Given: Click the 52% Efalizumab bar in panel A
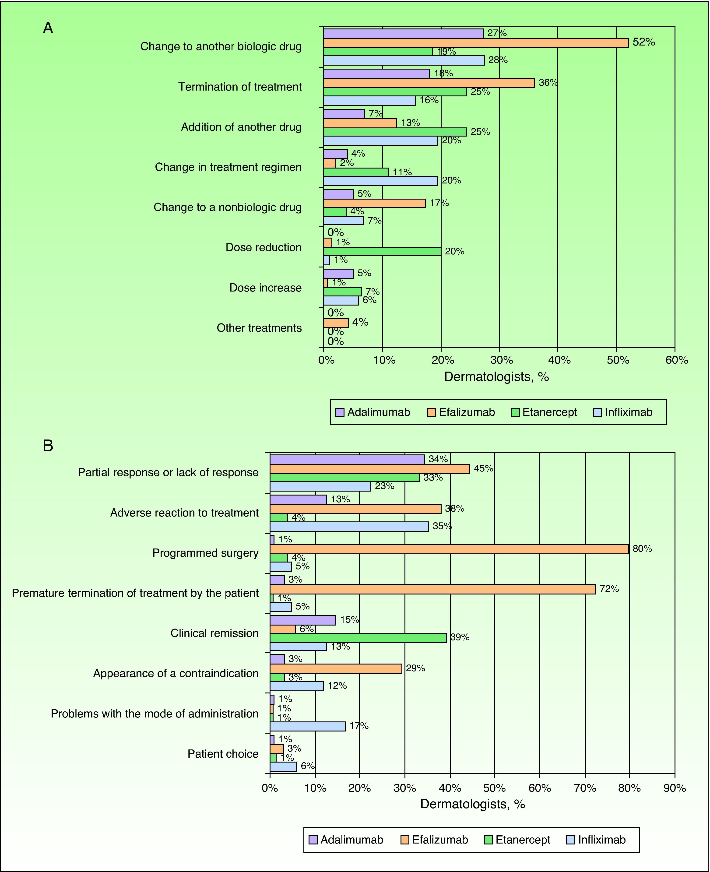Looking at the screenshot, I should click(x=476, y=43).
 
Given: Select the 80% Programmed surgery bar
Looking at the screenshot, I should click(x=449, y=549).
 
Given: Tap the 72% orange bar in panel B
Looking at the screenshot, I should click(x=433, y=589).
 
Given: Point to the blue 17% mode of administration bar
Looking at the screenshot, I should click(x=308, y=726).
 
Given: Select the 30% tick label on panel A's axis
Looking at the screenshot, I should click(x=501, y=360).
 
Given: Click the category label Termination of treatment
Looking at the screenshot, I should click(x=240, y=87).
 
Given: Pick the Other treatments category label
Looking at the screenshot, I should click(x=259, y=328).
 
